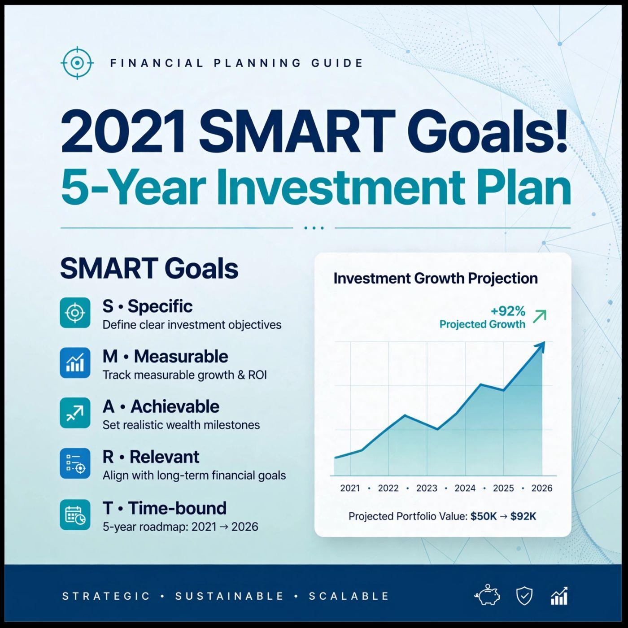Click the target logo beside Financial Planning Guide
click(77, 62)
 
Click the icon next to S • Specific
click(75, 313)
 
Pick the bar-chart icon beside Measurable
click(75, 363)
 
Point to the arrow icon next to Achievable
click(75, 413)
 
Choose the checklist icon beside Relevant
click(75, 463)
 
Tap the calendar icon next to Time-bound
click(75, 515)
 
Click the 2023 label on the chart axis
click(427, 488)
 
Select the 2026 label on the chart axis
click(542, 488)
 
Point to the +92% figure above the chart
click(508, 311)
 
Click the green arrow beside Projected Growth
click(540, 316)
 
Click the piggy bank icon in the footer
click(487, 596)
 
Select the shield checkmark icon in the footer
click(525, 597)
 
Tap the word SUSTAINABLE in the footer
click(229, 596)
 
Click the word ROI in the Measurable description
click(257, 375)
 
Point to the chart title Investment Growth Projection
click(436, 279)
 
